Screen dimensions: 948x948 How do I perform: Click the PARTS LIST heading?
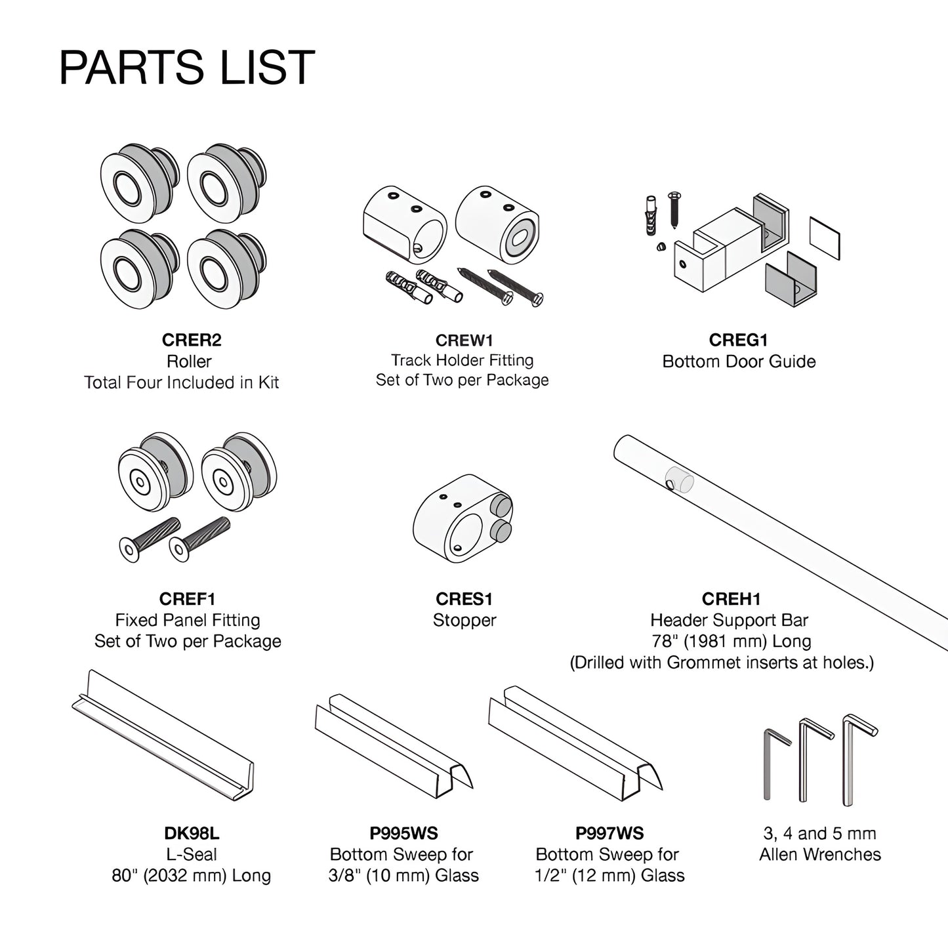click(187, 67)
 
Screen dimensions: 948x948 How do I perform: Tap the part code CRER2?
click(192, 340)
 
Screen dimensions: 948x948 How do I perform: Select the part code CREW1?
click(464, 340)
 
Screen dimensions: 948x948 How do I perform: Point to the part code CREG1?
click(738, 340)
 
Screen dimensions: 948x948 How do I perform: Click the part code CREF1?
click(188, 599)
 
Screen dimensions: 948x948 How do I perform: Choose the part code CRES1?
click(464, 599)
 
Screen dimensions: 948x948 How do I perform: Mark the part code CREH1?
click(731, 599)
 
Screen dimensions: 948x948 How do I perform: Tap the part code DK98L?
click(192, 833)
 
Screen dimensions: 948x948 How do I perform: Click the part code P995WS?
click(403, 833)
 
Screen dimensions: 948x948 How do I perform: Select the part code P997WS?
click(609, 833)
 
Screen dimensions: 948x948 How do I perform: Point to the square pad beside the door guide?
click(825, 239)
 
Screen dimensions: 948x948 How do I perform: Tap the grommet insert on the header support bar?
click(680, 480)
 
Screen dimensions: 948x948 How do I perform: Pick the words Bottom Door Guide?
click(739, 361)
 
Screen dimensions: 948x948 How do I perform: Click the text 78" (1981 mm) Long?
click(731, 642)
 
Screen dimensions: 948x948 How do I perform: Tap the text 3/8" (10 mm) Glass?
click(403, 876)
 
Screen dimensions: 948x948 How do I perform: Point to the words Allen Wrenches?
click(820, 855)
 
